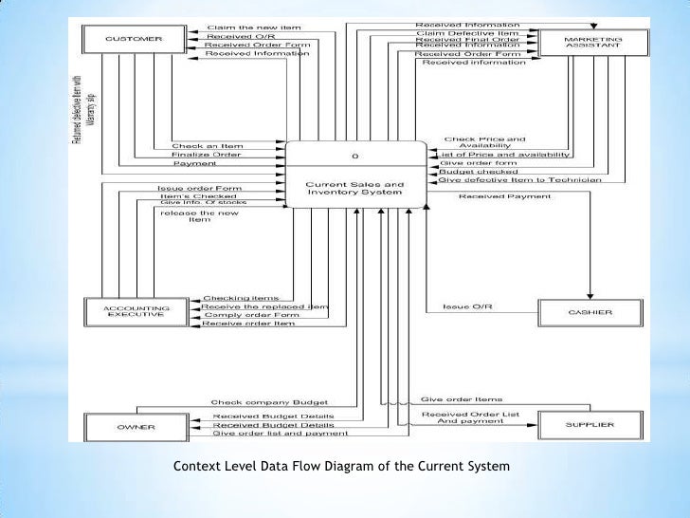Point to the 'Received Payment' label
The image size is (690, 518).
tap(494, 196)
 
